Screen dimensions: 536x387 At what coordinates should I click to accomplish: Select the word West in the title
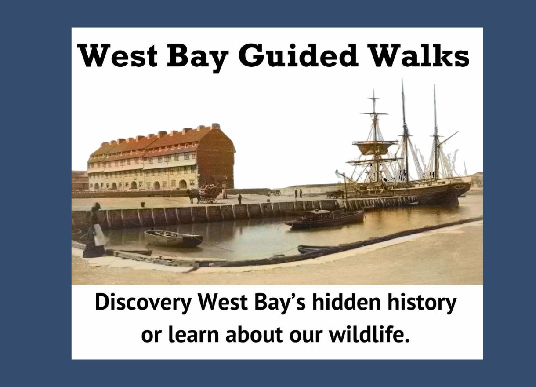click(x=118, y=55)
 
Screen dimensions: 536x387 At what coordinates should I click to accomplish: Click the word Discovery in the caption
click(x=143, y=303)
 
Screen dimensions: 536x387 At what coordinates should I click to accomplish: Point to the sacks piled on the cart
click(x=209, y=190)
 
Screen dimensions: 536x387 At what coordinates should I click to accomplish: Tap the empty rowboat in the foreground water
click(x=173, y=238)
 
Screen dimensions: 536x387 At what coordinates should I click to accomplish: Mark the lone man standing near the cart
click(x=240, y=199)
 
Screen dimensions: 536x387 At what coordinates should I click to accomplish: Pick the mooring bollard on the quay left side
click(x=143, y=204)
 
